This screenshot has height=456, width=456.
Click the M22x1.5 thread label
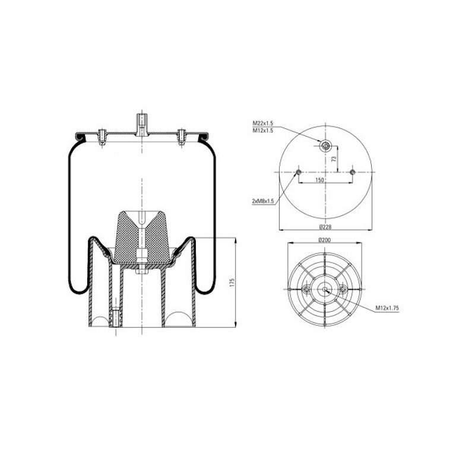click(x=262, y=123)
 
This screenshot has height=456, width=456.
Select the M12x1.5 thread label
click(x=262, y=130)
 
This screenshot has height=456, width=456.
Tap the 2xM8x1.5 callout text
click(x=263, y=201)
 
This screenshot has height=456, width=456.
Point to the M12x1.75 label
click(x=387, y=308)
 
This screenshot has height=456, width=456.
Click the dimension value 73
click(x=334, y=159)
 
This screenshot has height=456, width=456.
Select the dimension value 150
click(x=319, y=180)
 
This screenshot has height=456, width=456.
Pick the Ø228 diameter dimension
click(x=325, y=227)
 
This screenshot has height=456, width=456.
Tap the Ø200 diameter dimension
click(x=325, y=240)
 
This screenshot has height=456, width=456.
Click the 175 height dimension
click(x=232, y=283)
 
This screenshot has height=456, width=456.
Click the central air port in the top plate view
click(x=325, y=145)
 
